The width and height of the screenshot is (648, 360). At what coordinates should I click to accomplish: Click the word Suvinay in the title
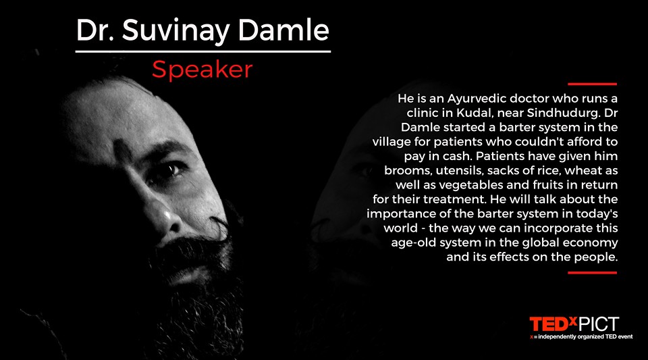176,30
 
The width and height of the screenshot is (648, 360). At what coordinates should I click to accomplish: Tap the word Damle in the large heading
283,30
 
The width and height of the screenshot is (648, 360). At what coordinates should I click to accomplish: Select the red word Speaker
202,70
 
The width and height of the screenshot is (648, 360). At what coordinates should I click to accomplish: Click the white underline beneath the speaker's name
203,51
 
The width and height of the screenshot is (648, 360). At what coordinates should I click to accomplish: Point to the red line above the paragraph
592,84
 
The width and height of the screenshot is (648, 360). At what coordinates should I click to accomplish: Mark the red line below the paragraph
592,273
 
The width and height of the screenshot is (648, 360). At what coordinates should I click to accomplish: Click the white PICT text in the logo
599,324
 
